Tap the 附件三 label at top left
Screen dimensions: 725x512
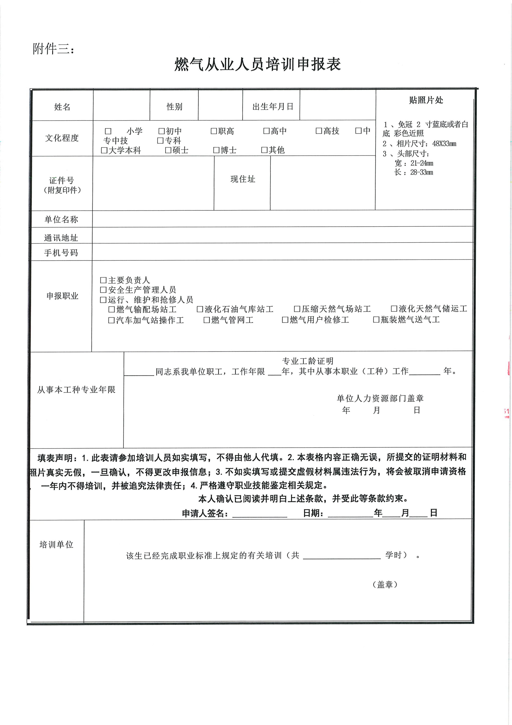tap(53, 49)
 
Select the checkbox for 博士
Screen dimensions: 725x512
tap(216, 150)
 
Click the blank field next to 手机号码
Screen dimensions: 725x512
tap(282, 252)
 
